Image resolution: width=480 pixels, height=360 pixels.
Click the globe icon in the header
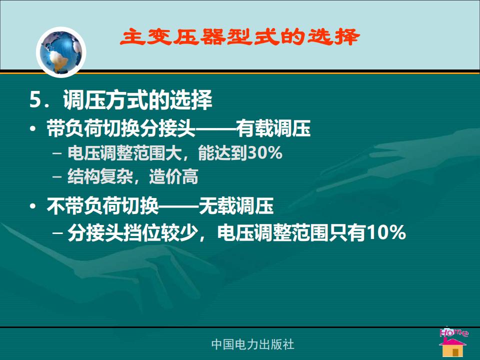coord(61,51)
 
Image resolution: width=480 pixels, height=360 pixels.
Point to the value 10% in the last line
coord(386,232)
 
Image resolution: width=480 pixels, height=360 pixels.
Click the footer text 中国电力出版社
coord(252,344)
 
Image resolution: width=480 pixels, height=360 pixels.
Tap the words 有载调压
coord(273,128)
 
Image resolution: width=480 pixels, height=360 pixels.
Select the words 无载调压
coord(236,205)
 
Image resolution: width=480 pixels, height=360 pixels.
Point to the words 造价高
coord(173,176)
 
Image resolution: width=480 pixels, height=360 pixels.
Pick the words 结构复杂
coord(100,176)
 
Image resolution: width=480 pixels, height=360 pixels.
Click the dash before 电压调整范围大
coord(57,153)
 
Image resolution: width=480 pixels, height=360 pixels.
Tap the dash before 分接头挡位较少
coord(58,233)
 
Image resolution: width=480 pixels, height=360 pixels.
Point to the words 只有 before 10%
coord(348,232)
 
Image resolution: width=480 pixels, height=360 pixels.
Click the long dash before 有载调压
coord(216,129)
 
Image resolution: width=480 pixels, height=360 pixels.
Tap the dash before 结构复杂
coord(57,176)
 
